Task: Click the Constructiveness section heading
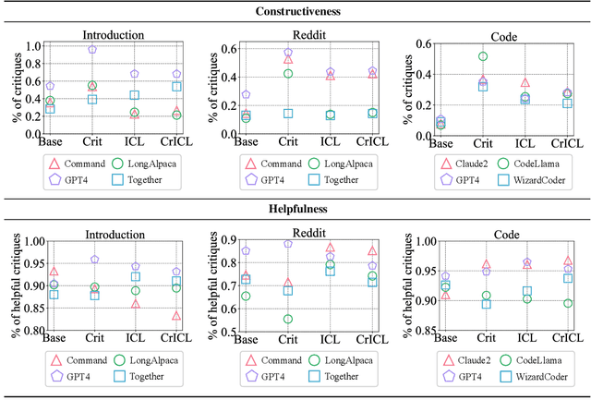coord(295,12)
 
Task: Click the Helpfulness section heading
coord(295,210)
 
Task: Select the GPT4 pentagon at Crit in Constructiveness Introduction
coord(92,50)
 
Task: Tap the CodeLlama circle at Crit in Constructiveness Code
coord(482,56)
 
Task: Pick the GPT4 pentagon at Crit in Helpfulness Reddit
coord(288,244)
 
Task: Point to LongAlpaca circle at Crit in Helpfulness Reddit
coord(288,319)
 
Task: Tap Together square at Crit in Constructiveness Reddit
coord(288,114)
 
